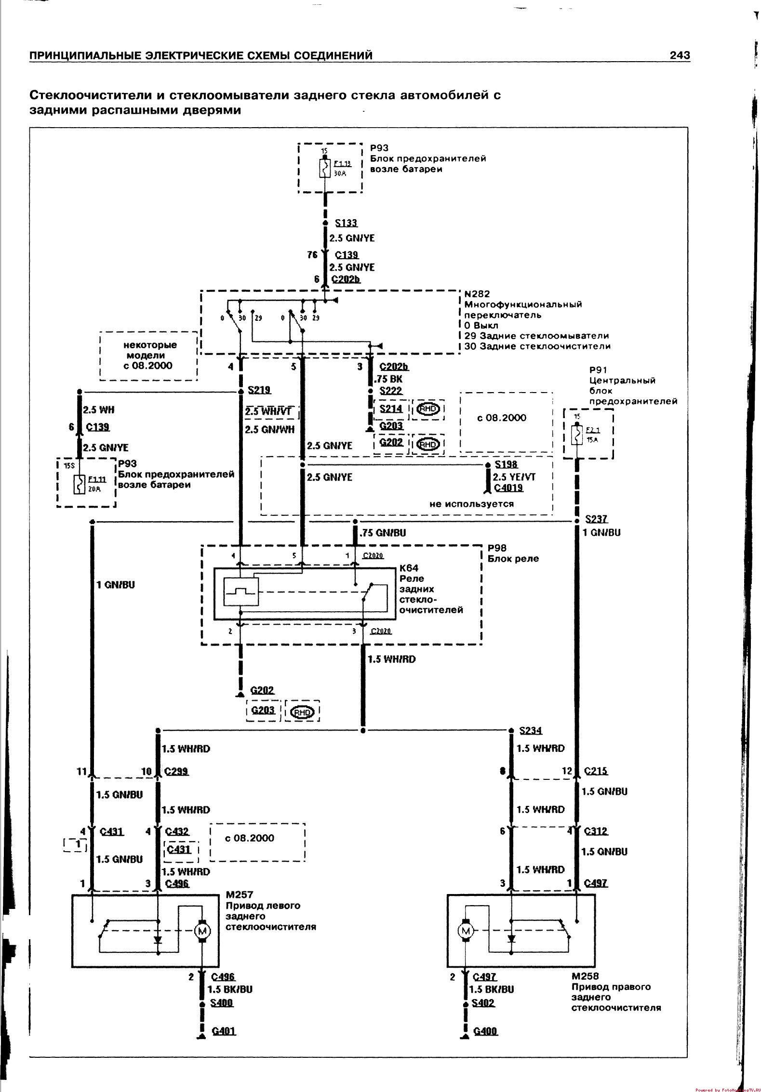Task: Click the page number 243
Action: [680, 56]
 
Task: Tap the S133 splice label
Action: [347, 223]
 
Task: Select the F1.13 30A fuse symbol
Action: [324, 169]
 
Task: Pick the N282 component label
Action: [477, 293]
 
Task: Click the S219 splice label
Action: [259, 390]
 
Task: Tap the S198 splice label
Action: [506, 464]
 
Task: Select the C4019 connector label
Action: [508, 487]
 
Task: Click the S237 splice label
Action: [596, 519]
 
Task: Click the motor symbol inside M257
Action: [202, 930]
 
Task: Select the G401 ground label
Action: [224, 1031]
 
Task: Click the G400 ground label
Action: [485, 1031]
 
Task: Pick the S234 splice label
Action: [531, 730]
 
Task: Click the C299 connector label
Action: [176, 771]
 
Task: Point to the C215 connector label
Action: [596, 771]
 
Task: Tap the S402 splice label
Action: [483, 1002]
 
